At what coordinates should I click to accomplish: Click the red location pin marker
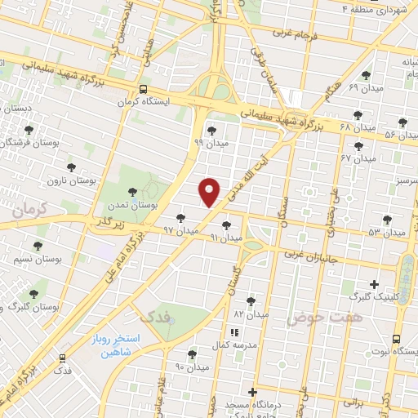[x=210, y=192]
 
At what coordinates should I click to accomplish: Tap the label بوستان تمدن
[x=128, y=207]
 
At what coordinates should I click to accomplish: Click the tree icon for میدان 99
[x=211, y=129]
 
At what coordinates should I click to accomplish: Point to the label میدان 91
[x=226, y=238]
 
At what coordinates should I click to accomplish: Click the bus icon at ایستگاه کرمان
[x=144, y=90]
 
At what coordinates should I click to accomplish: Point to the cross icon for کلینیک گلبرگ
[x=375, y=283]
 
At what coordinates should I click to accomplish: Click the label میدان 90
[x=192, y=367]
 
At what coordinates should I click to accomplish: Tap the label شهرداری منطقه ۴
[x=377, y=8]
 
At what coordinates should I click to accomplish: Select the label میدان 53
[x=386, y=233]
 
